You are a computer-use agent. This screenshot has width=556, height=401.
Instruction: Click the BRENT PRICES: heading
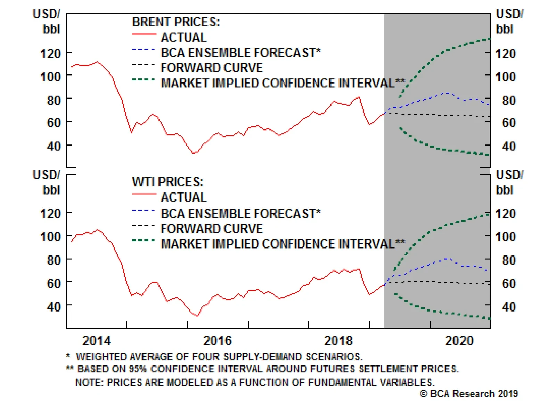point(176,22)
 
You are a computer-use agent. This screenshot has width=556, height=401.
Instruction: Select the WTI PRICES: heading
point(167,182)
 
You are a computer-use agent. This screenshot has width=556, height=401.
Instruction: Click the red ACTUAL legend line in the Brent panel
point(144,34)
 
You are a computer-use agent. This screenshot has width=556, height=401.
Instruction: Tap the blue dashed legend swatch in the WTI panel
point(143,210)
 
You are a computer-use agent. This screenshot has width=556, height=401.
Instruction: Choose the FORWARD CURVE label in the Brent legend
point(212,68)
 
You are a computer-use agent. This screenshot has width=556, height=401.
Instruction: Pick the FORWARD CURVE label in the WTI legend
point(212,229)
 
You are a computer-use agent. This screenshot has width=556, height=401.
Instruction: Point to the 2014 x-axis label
point(97,340)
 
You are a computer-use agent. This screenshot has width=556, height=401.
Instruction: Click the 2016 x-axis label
point(218,340)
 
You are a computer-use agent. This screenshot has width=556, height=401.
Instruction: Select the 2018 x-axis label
point(338,340)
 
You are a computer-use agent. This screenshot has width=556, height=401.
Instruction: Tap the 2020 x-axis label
point(459,340)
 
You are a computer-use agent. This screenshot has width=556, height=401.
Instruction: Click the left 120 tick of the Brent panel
point(51,54)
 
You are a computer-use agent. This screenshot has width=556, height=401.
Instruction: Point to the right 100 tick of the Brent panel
point(506,77)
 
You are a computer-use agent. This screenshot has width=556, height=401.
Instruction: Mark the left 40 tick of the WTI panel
point(54,307)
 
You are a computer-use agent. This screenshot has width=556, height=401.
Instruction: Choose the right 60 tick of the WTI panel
point(509,283)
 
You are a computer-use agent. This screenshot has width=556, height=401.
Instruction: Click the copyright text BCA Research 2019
point(469,394)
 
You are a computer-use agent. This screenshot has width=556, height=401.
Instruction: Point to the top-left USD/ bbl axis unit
point(47,22)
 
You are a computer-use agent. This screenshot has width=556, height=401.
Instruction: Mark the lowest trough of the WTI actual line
point(197,316)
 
